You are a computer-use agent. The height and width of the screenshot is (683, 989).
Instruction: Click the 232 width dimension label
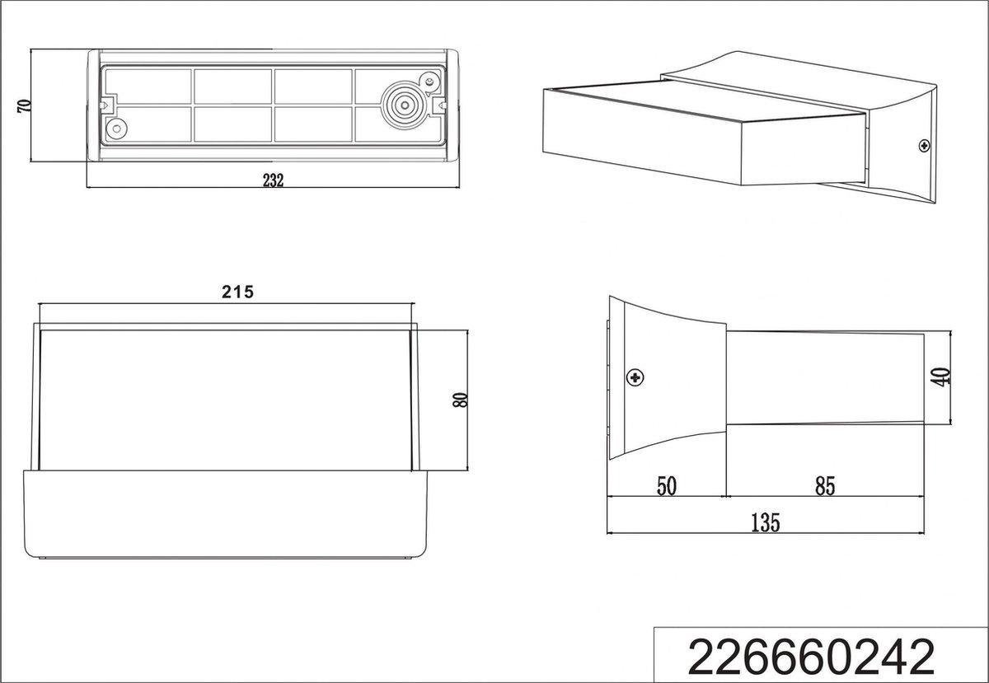click(274, 180)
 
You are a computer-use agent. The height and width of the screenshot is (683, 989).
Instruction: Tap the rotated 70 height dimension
click(24, 106)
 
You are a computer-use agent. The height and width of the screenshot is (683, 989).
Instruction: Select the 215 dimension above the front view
click(237, 292)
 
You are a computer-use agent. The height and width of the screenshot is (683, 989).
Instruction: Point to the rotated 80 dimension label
click(460, 400)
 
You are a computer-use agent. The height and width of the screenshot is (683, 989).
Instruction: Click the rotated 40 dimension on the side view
click(942, 377)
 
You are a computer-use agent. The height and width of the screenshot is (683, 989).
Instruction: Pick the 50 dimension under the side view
click(666, 486)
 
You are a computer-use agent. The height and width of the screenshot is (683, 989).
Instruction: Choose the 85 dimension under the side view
click(825, 486)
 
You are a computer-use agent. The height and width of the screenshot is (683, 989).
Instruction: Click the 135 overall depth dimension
click(766, 522)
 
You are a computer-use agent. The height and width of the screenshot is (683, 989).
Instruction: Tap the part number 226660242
click(811, 657)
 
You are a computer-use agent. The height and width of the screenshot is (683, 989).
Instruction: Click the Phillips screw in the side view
click(635, 377)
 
